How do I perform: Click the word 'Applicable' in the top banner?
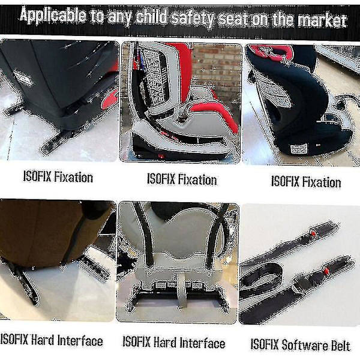tap(53, 16)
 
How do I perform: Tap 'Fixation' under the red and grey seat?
tap(197, 179)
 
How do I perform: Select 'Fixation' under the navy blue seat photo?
tap(322, 182)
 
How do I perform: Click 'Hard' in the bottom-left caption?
tap(42, 340)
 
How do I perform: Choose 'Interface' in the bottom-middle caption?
tap(202, 343)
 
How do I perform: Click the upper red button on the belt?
tap(313, 233)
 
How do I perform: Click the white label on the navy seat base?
tap(299, 148)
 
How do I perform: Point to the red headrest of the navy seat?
tap(272, 52)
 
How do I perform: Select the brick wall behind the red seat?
tap(216, 69)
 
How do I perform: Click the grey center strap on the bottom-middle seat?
tap(182, 291)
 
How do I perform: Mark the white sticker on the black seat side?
tap(23, 78)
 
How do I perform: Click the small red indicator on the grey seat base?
tap(161, 156)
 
